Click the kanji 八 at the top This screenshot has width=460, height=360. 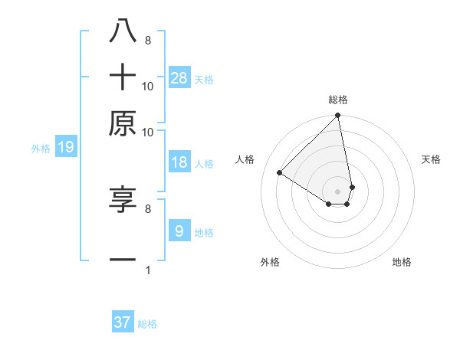[x=123, y=31]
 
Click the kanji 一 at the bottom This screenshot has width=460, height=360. [x=123, y=260]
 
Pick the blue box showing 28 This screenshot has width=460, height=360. [x=179, y=77]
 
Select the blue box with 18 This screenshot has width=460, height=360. [x=179, y=162]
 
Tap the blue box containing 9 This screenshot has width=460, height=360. [x=179, y=231]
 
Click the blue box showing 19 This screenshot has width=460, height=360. [x=66, y=147]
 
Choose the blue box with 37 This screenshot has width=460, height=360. [x=123, y=322]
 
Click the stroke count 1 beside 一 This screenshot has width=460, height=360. [x=147, y=270]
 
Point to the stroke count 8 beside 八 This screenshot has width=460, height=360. [x=147, y=40]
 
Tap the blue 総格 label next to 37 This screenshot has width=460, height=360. [x=147, y=324]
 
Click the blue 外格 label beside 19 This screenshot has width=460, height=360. [x=41, y=149]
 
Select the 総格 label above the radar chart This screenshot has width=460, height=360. [x=338, y=100]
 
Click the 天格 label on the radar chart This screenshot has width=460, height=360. [x=432, y=159]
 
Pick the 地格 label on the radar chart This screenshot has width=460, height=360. [x=402, y=262]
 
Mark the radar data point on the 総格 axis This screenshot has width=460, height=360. [x=338, y=116]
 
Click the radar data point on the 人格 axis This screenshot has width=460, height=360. [x=280, y=173]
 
